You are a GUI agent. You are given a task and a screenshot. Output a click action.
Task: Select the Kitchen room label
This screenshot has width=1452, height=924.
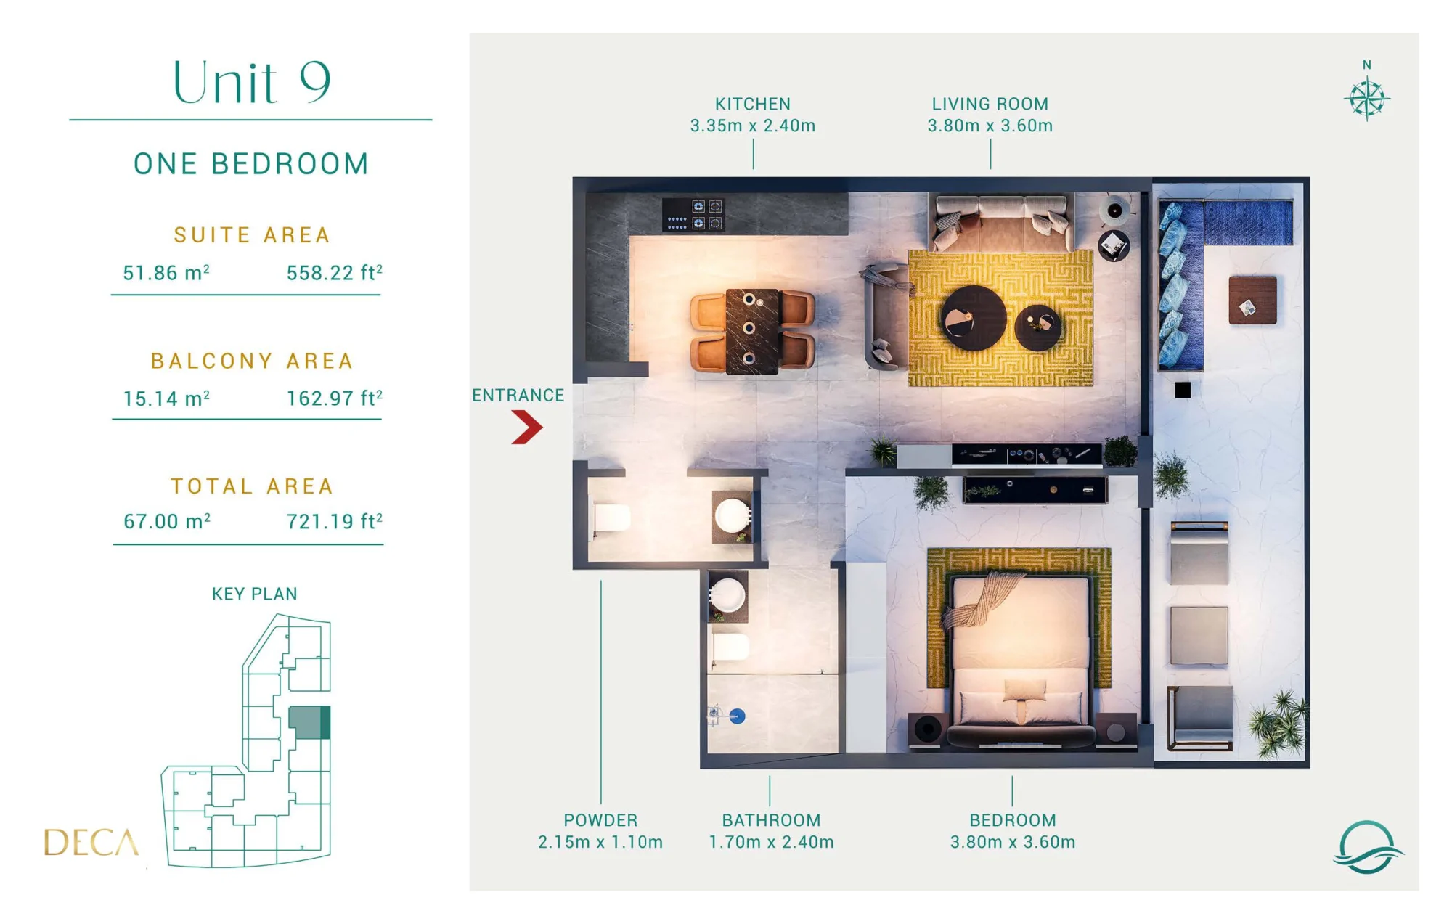pos(753,105)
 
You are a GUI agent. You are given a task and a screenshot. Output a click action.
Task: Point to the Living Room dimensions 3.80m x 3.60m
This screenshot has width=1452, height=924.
pos(990,126)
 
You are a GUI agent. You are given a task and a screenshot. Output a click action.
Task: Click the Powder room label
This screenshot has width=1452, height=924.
pos(600,820)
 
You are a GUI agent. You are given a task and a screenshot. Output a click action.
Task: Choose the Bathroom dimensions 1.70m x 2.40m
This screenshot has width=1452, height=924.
pos(771,842)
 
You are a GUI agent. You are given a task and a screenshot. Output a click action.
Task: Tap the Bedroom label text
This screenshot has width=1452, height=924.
pos(1013,820)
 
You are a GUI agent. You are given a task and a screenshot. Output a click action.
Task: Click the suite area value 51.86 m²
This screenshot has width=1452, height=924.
pos(166,273)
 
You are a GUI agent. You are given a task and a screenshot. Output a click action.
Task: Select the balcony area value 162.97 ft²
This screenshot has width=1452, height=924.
pos(334,398)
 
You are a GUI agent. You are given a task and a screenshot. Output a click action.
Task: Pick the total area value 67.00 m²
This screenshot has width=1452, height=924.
pos(167,521)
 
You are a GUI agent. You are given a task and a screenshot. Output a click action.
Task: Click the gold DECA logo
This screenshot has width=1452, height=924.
pos(91,843)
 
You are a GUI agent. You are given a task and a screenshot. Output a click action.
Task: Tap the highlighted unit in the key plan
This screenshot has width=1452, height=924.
pos(309,723)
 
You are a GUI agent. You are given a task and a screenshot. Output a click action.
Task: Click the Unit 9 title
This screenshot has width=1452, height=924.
pos(252,81)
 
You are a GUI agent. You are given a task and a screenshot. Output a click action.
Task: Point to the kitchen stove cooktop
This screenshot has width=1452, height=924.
pos(693,215)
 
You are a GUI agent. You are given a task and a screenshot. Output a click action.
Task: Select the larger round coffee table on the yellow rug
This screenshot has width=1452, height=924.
pos(974,318)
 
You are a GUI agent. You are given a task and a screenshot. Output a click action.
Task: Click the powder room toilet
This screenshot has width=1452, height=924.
pos(611,518)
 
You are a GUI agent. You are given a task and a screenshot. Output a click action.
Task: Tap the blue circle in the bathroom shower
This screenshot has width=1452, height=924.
pos(737,716)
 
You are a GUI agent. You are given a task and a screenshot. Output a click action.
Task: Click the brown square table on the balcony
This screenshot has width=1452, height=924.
pos(1252,300)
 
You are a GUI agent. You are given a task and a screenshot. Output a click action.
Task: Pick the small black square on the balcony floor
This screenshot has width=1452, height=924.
pos(1183,391)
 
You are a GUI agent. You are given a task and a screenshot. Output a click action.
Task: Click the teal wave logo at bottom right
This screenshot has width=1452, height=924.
pos(1368,847)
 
